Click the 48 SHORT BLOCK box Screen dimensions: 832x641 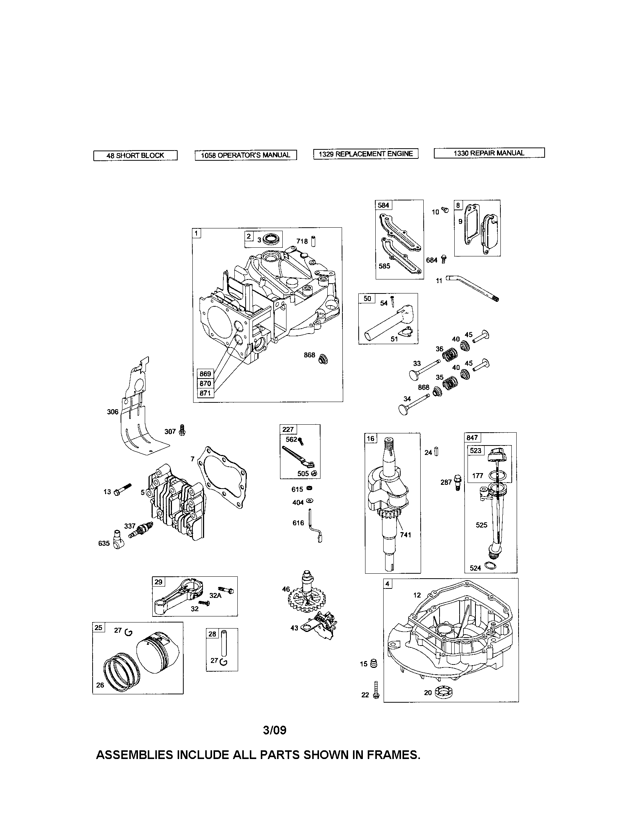point(135,155)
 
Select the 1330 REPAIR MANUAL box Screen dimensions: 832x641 point(489,153)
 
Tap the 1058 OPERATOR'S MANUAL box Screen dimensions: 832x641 point(246,155)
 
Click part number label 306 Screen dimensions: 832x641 point(113,411)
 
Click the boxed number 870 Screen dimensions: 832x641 point(205,383)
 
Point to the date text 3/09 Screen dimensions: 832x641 point(274,730)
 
